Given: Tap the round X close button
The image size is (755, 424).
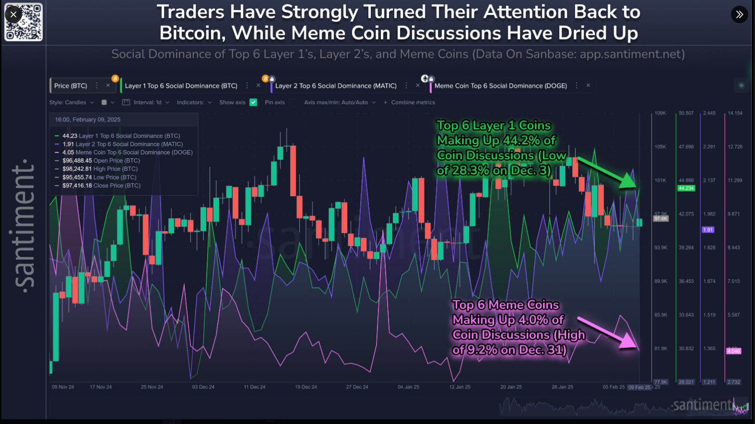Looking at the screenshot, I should pos(13,14).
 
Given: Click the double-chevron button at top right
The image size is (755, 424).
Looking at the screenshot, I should pos(739,14).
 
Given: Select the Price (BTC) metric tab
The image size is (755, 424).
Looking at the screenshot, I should pos(71,86).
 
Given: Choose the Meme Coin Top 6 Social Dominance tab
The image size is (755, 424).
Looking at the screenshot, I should pos(501,86).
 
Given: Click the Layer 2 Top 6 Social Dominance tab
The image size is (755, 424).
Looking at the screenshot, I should pos(336,86).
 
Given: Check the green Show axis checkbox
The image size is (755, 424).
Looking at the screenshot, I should pos(253,103).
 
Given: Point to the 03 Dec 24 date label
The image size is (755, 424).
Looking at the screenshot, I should pos(203,387).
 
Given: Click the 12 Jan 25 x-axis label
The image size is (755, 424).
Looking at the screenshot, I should pos(460,387).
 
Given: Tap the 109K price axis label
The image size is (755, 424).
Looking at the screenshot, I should pos(660,113).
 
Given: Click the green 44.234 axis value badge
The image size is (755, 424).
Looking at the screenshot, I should pos(686,188).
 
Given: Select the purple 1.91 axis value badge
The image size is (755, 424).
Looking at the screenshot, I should pos(708,230).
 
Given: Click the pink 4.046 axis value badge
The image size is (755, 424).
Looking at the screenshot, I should pos(734,351).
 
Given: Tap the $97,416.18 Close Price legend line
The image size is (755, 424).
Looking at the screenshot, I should pos(101,185).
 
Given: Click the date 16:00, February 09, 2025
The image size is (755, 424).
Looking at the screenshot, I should pos(88,119).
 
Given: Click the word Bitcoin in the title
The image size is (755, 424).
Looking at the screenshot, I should pos(192,33).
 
